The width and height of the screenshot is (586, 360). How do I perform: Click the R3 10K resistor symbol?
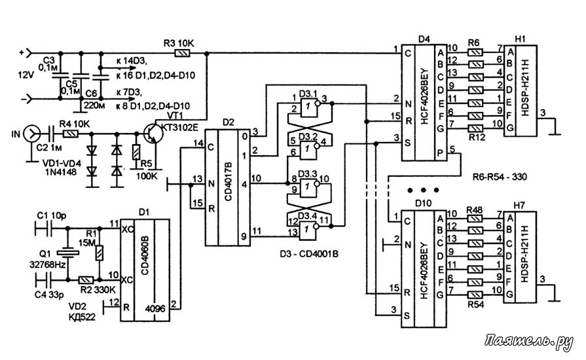(x=183, y=54)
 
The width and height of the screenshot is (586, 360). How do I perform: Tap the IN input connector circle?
(x=31, y=134)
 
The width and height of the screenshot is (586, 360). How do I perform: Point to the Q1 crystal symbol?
(x=67, y=253)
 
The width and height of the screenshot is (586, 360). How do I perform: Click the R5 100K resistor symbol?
(x=136, y=153)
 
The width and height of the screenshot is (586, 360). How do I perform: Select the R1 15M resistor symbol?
(x=99, y=253)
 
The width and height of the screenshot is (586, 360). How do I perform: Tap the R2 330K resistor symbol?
(x=86, y=279)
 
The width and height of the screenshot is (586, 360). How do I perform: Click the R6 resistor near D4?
(x=475, y=52)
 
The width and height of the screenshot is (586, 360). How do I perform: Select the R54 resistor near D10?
(x=475, y=295)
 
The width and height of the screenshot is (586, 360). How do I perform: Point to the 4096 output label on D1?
(x=155, y=310)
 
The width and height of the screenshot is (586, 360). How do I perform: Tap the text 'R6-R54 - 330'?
(x=500, y=177)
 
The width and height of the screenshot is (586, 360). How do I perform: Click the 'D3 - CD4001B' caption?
(x=309, y=255)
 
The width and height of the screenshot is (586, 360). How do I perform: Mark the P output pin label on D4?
(x=440, y=153)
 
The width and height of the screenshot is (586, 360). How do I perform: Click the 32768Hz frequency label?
(x=48, y=265)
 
